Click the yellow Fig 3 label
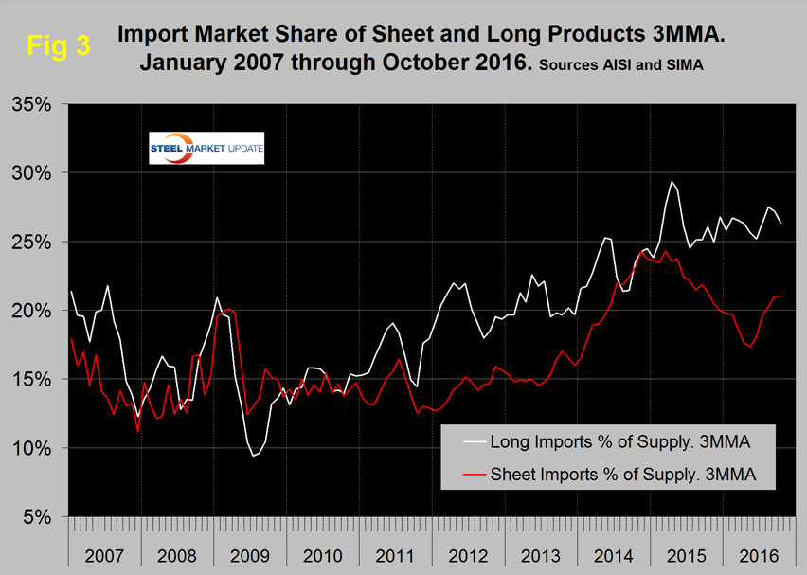point(58,45)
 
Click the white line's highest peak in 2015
point(672,182)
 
